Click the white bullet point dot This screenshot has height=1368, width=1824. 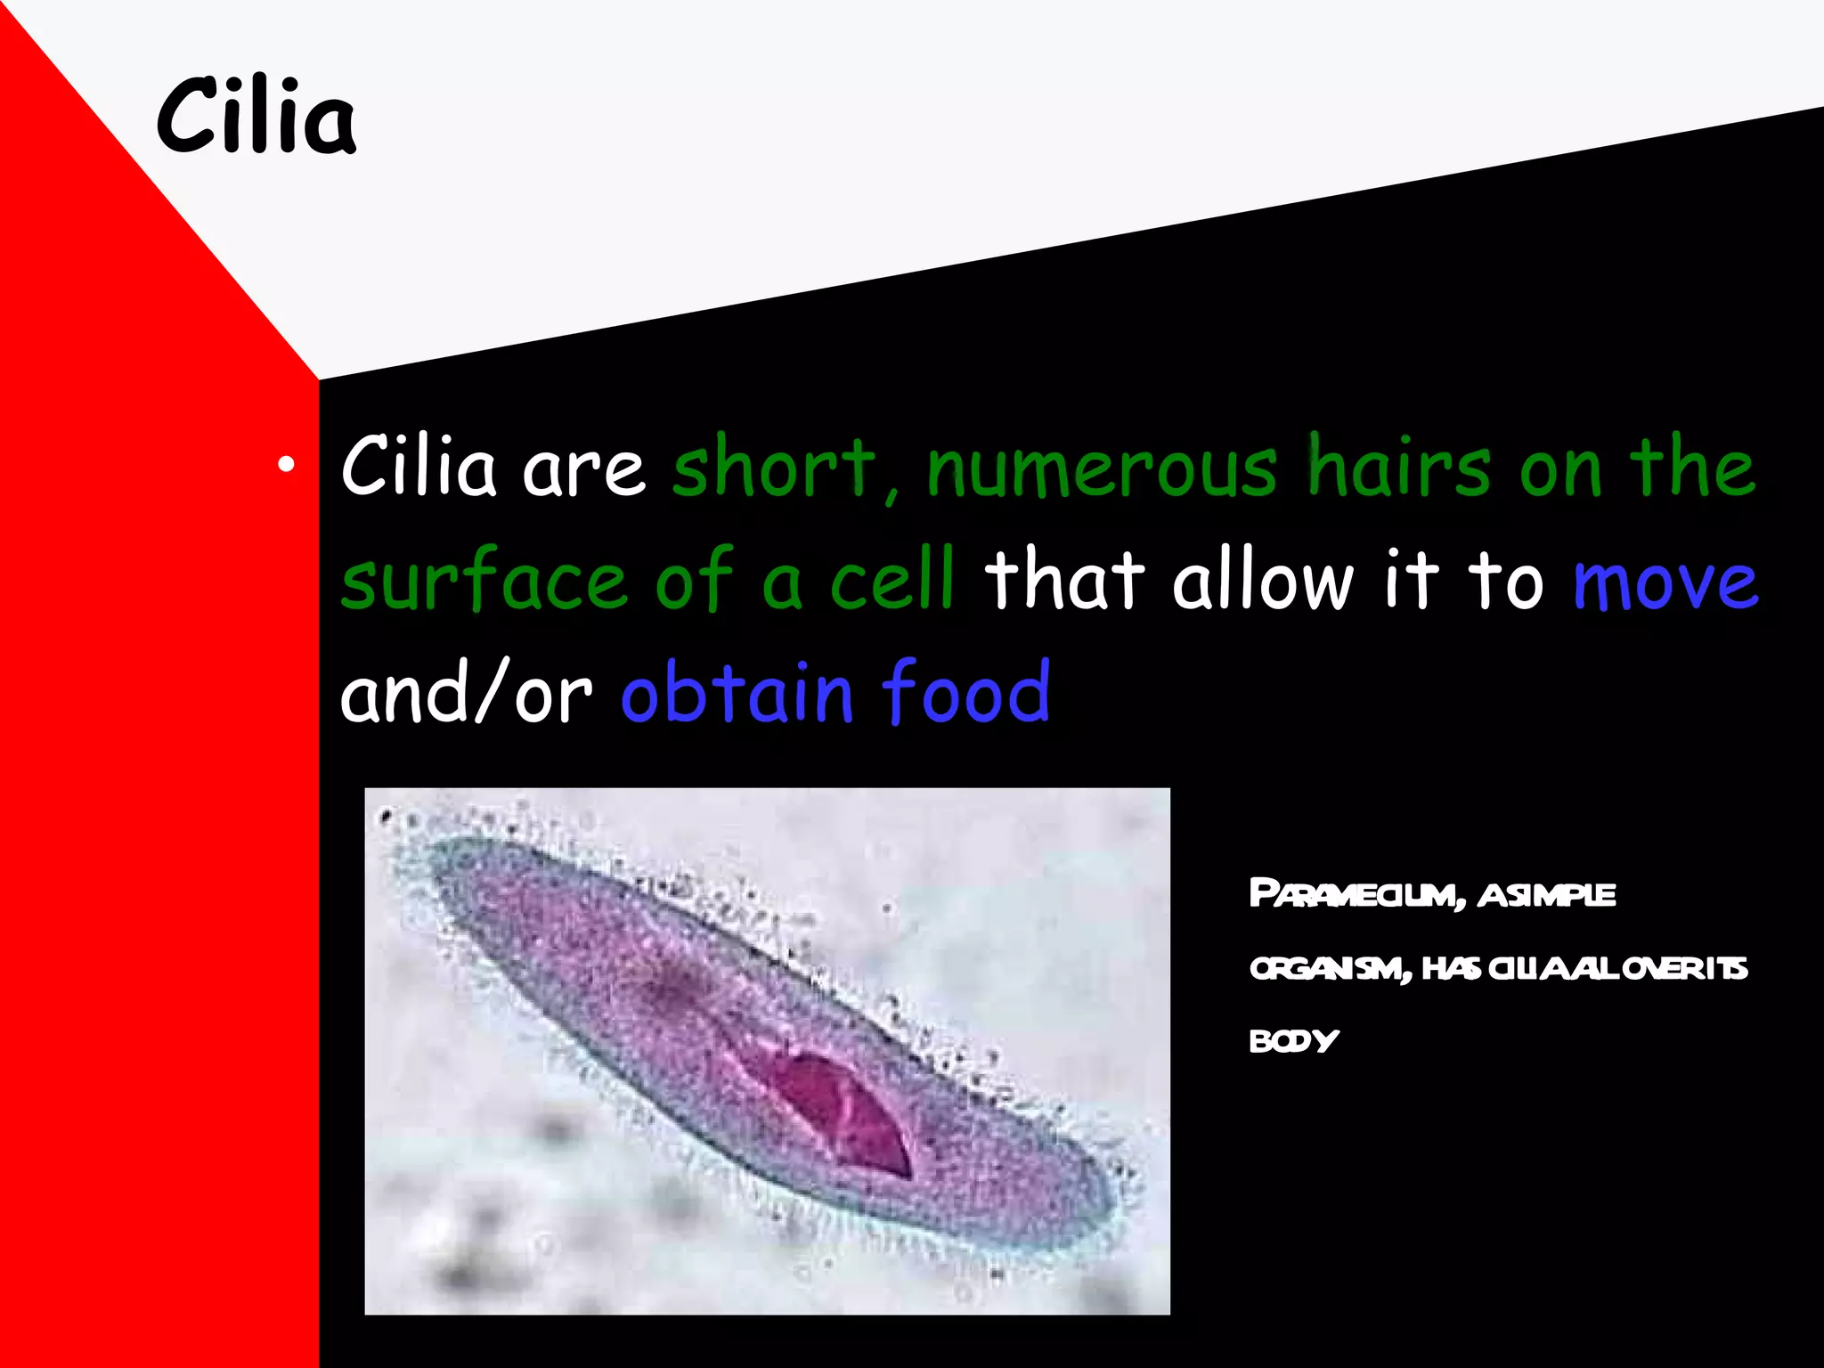[285, 464]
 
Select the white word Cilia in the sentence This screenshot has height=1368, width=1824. [418, 468]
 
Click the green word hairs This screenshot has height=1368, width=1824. [1398, 468]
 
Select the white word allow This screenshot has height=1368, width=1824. [1263, 581]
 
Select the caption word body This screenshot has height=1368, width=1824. [1293, 1040]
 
